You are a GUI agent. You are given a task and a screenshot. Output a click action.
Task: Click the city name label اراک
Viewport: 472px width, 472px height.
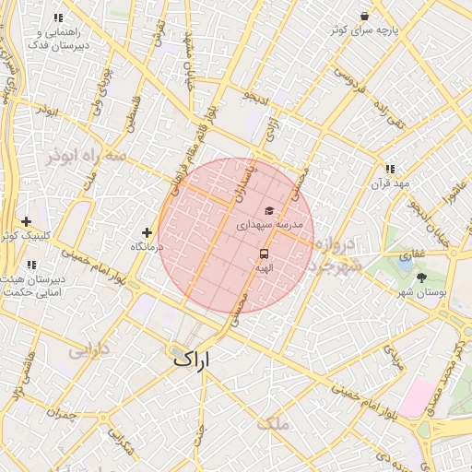[x=191, y=360]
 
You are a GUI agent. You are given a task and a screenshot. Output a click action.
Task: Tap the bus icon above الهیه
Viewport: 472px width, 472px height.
[x=265, y=254]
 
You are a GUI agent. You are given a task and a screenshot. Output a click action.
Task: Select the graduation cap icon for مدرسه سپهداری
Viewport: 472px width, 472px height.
[x=268, y=211]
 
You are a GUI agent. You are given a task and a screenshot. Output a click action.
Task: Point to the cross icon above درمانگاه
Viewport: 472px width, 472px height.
[x=147, y=232]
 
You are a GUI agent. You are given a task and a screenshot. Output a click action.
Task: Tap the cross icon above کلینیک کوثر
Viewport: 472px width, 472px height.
[x=26, y=221]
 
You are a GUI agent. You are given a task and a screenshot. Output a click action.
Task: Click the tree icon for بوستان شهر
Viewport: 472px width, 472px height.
[x=421, y=277]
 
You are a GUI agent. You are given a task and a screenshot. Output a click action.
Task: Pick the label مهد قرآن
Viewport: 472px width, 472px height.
[x=388, y=183]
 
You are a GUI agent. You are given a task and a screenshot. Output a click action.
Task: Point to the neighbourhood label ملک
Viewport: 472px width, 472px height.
[x=274, y=423]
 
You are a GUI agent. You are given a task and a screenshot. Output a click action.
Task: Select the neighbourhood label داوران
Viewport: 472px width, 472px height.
[x=88, y=350]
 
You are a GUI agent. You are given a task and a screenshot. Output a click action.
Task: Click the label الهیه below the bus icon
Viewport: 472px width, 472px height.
[x=265, y=267]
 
